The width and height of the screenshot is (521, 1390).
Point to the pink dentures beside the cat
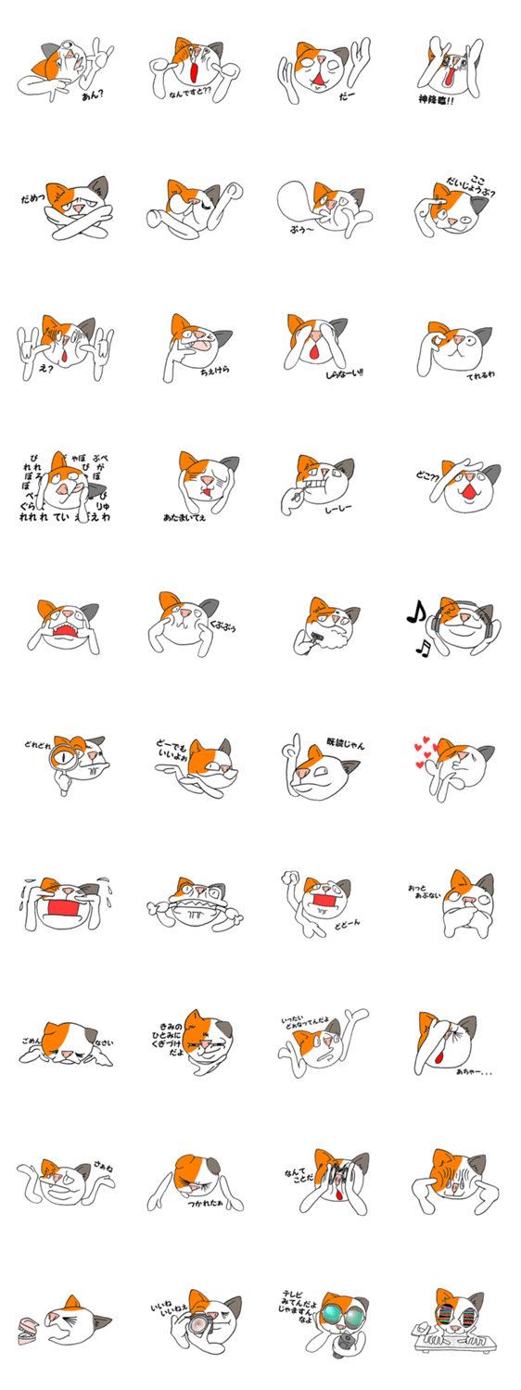29,1331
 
